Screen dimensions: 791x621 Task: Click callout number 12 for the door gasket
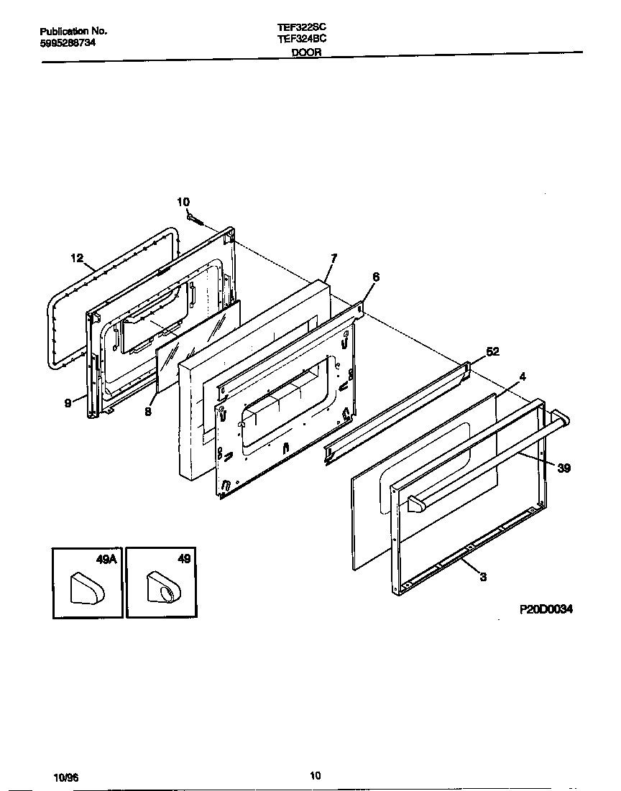77,257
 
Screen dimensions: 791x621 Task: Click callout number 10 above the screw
183,202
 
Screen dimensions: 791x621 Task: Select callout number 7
333,258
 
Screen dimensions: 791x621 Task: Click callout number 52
492,351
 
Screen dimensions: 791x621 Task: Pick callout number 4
523,375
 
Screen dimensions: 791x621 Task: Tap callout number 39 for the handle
563,468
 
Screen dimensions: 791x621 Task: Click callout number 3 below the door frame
483,575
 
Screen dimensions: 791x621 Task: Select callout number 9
68,403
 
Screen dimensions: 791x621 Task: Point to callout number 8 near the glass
147,412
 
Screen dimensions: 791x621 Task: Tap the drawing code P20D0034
546,609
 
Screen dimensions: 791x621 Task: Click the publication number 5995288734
68,42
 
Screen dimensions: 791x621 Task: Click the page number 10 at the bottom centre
315,774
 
